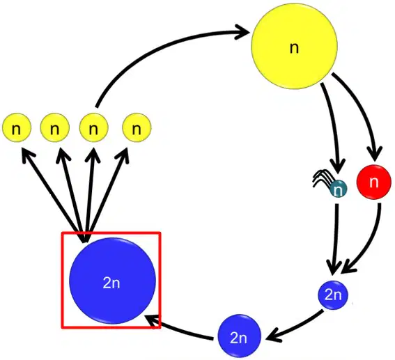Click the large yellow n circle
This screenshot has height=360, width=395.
pyautogui.click(x=294, y=46)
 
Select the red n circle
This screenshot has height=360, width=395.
pyautogui.click(x=374, y=182)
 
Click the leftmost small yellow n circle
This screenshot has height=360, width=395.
pyautogui.click(x=17, y=127)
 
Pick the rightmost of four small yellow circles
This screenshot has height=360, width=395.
pyautogui.click(x=137, y=127)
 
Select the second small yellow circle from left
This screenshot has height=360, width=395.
pyautogui.click(x=54, y=127)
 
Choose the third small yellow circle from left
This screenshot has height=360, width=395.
pyautogui.click(x=94, y=127)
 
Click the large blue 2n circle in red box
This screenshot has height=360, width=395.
pyautogui.click(x=113, y=281)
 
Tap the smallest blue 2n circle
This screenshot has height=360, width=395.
pyautogui.click(x=333, y=295)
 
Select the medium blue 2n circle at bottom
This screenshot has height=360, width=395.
pyautogui.click(x=239, y=336)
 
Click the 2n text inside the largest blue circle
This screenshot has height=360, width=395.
pyautogui.click(x=111, y=283)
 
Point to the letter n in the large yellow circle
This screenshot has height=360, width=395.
pyautogui.click(x=294, y=48)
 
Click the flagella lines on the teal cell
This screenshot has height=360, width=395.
pyautogui.click(x=322, y=179)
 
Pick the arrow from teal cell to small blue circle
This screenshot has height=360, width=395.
pyautogui.click(x=335, y=239)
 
